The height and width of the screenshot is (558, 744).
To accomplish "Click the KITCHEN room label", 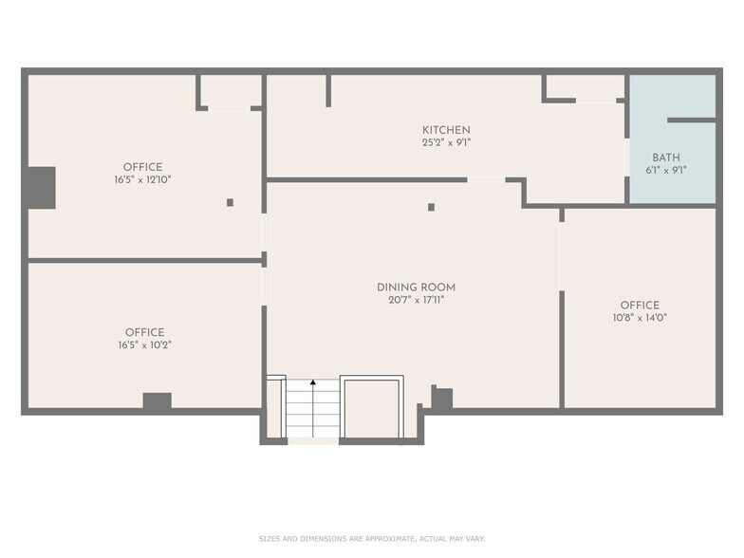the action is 446,129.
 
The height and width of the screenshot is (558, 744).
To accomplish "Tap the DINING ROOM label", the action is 416,287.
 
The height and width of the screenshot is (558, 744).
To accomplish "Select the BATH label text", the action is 666,158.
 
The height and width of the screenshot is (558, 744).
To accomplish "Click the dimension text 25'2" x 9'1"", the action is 446,142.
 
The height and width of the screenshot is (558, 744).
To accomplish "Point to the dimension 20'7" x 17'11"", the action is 416,300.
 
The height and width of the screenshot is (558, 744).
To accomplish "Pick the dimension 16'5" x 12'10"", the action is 142,180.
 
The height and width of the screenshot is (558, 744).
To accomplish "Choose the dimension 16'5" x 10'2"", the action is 144,345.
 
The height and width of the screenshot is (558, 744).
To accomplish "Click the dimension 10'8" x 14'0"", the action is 640,318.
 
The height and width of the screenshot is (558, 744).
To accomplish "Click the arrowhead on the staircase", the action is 313,381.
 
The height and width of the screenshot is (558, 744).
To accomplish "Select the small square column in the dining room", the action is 431,207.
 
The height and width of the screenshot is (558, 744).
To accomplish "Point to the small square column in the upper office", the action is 230,203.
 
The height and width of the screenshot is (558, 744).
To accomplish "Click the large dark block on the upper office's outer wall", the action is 42,188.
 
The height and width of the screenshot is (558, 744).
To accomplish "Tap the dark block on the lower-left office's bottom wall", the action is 158,400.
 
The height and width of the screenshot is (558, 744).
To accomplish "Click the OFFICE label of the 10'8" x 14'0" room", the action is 640,306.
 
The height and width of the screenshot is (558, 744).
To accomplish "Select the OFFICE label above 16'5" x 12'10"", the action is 142,167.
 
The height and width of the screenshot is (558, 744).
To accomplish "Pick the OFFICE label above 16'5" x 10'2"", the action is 144,332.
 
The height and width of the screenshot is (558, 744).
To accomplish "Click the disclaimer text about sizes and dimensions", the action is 372,539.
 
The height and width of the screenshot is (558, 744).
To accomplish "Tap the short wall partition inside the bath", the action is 691,120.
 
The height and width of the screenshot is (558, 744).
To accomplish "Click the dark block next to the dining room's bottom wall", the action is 442,397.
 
